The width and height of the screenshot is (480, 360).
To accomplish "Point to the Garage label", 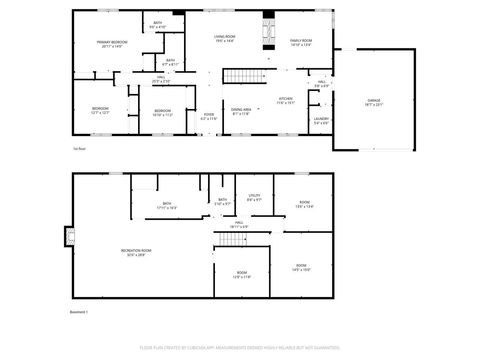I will click(373, 101).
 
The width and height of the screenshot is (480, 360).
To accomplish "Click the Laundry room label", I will click(320, 121).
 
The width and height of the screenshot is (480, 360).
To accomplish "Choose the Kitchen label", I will click(285, 101).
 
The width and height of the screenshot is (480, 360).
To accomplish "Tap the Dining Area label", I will click(241, 111).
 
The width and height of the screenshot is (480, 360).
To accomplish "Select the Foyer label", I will click(209, 116).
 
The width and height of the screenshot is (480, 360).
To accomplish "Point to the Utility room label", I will click(254, 198).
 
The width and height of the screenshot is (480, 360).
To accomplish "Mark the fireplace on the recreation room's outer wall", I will click(70, 236).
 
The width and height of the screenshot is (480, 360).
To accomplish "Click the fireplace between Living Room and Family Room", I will click(267, 32).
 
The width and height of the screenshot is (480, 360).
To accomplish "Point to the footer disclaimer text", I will click(240, 349).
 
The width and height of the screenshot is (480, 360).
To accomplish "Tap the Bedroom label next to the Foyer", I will click(162, 112).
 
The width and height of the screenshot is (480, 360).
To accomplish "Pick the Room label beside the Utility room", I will click(303, 205).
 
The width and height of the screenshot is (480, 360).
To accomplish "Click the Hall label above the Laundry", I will click(320, 84).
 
